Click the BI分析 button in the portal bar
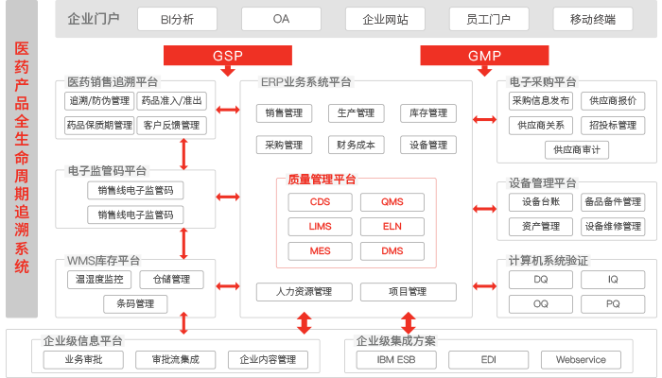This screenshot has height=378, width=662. [x=177, y=19]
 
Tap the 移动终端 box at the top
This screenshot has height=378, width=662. [x=600, y=19]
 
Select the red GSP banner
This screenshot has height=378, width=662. [x=228, y=56]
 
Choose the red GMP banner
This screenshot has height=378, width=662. [x=484, y=56]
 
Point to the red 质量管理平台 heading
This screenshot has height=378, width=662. [x=322, y=180]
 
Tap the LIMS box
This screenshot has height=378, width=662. [x=320, y=227]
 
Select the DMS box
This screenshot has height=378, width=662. [x=392, y=251]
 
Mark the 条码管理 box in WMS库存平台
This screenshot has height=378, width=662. [x=135, y=304]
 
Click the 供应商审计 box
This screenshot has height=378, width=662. [x=582, y=149]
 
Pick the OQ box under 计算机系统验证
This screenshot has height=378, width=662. [x=540, y=304]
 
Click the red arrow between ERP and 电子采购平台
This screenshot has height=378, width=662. [x=484, y=119]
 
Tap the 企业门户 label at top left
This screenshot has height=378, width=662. [x=95, y=19]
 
